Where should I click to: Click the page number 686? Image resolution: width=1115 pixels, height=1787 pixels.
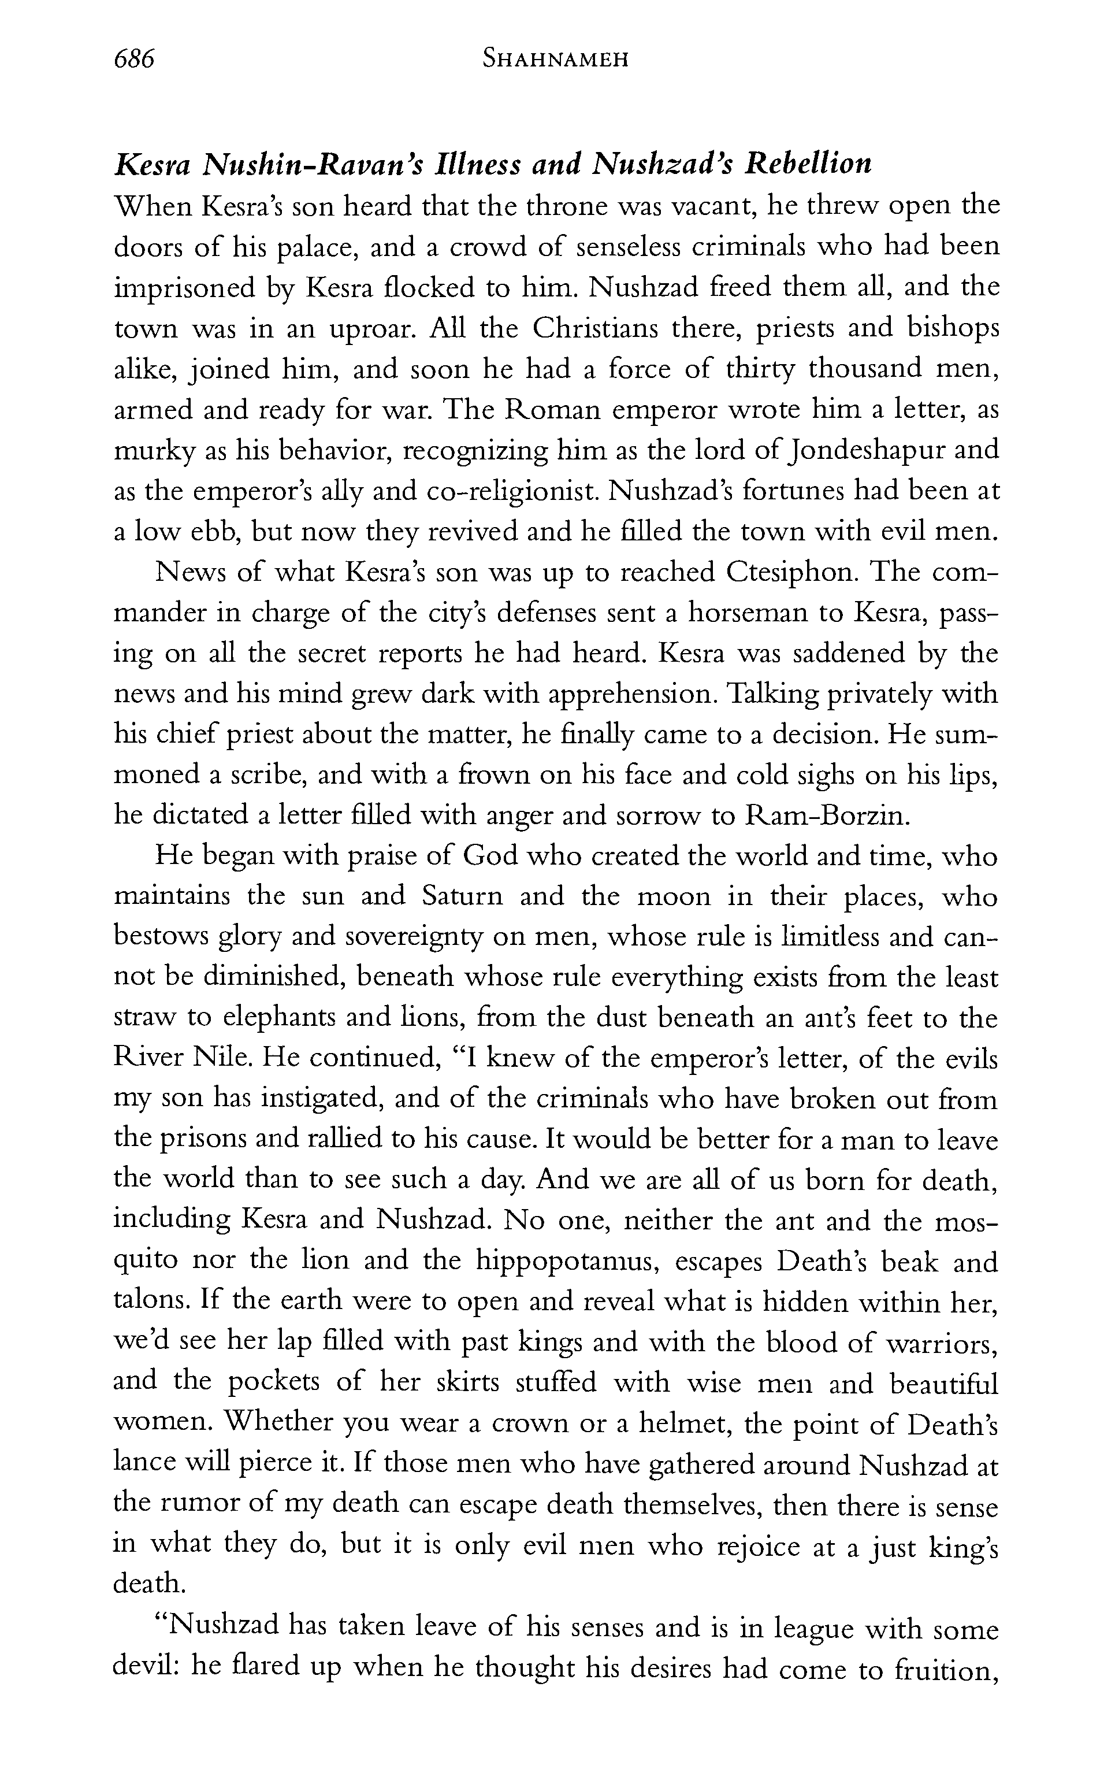(x=134, y=58)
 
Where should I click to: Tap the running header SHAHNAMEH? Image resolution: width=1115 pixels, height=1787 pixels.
(x=555, y=59)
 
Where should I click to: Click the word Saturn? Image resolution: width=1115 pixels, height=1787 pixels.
(x=463, y=897)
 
